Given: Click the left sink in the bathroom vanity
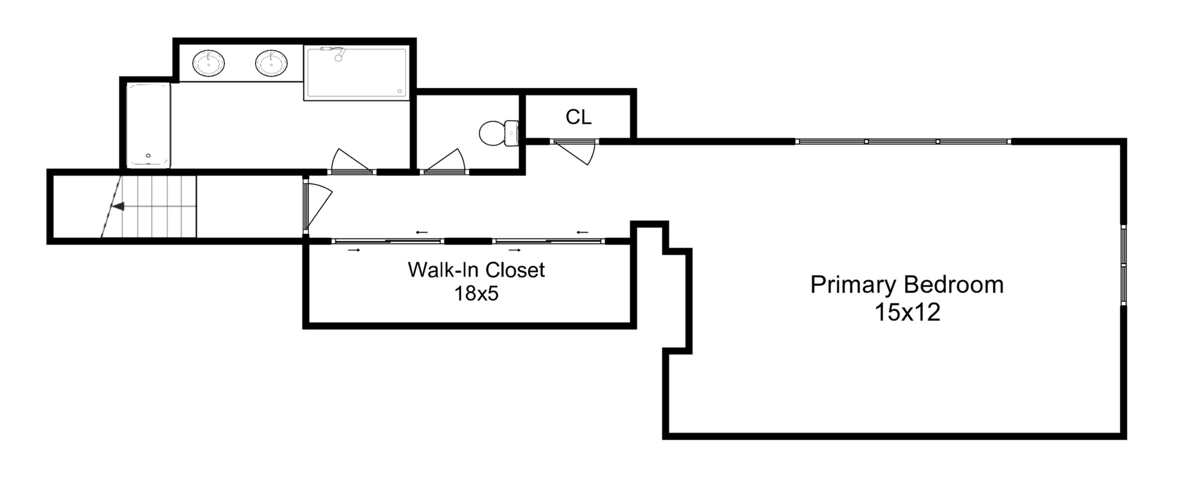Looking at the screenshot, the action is pos(209,63).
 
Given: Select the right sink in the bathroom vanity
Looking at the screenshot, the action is pos(271,63).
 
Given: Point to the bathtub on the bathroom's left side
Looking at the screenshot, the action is pos(148,126).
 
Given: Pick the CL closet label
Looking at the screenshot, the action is pos(579,117).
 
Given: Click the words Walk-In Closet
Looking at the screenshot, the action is pos(476,270).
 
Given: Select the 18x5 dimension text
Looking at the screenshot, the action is pos(476,294).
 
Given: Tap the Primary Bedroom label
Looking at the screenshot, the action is pos(907,285).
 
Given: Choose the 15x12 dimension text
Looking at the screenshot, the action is pos(907,312).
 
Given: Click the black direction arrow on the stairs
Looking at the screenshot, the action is pos(118,206).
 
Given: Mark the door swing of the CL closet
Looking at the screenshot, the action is pos(576,151).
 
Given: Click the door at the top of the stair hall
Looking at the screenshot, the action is pos(317,206).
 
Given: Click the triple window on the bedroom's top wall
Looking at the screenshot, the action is pos(903,142).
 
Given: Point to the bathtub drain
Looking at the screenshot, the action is pos(148,156).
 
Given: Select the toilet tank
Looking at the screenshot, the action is pos(512,133).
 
